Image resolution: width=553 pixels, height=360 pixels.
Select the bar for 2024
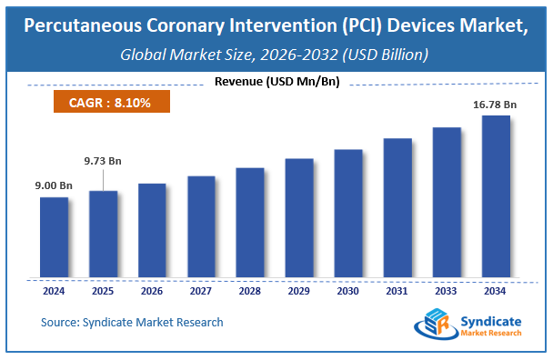54,236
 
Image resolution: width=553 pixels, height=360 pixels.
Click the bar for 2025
103,233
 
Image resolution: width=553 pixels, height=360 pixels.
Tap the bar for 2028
249,222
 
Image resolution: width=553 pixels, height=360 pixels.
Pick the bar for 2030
348,213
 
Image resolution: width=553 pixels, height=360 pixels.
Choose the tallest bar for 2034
495,195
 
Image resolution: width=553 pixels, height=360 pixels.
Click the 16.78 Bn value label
494,105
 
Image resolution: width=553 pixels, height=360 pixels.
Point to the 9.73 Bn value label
103,161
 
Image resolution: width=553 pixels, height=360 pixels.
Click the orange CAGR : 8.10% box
109,102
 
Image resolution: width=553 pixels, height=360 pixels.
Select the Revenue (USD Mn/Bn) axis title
276,82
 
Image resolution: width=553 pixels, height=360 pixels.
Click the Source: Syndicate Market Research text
132,322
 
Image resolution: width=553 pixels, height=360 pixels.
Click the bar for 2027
201,226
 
